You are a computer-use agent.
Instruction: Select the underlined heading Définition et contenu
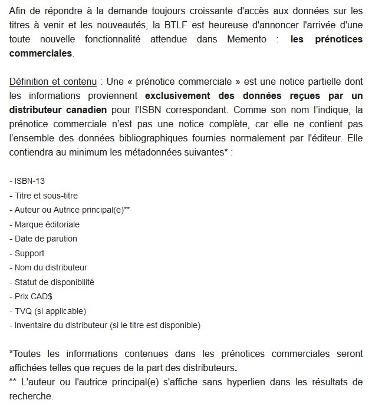[x=52, y=81]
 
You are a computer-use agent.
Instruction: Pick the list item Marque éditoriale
[x=45, y=224]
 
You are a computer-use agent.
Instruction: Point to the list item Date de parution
[x=44, y=239]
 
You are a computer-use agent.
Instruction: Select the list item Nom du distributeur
[x=49, y=267]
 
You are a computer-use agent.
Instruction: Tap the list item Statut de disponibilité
[x=52, y=282]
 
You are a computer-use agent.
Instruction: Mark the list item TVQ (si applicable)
[x=48, y=310]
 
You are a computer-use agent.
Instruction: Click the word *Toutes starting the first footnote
[x=27, y=354]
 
